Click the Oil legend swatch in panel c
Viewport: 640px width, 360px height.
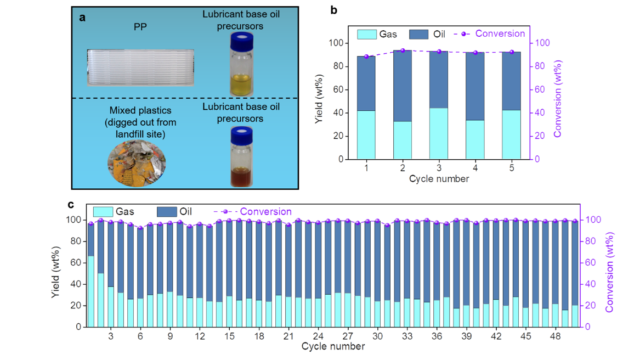pos(167,212)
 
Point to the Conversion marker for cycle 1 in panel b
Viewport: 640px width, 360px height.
pos(366,57)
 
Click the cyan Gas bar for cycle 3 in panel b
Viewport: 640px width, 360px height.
pos(439,133)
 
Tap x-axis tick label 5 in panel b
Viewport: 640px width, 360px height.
pos(512,168)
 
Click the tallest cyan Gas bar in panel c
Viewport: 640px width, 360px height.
pos(91,291)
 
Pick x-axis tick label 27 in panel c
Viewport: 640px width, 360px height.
pos(348,336)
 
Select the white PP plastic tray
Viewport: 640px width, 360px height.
pos(140,67)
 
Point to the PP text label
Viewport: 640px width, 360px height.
pos(140,26)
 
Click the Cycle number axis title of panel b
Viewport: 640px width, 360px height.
pos(439,179)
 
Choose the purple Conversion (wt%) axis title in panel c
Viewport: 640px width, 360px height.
pos(609,272)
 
